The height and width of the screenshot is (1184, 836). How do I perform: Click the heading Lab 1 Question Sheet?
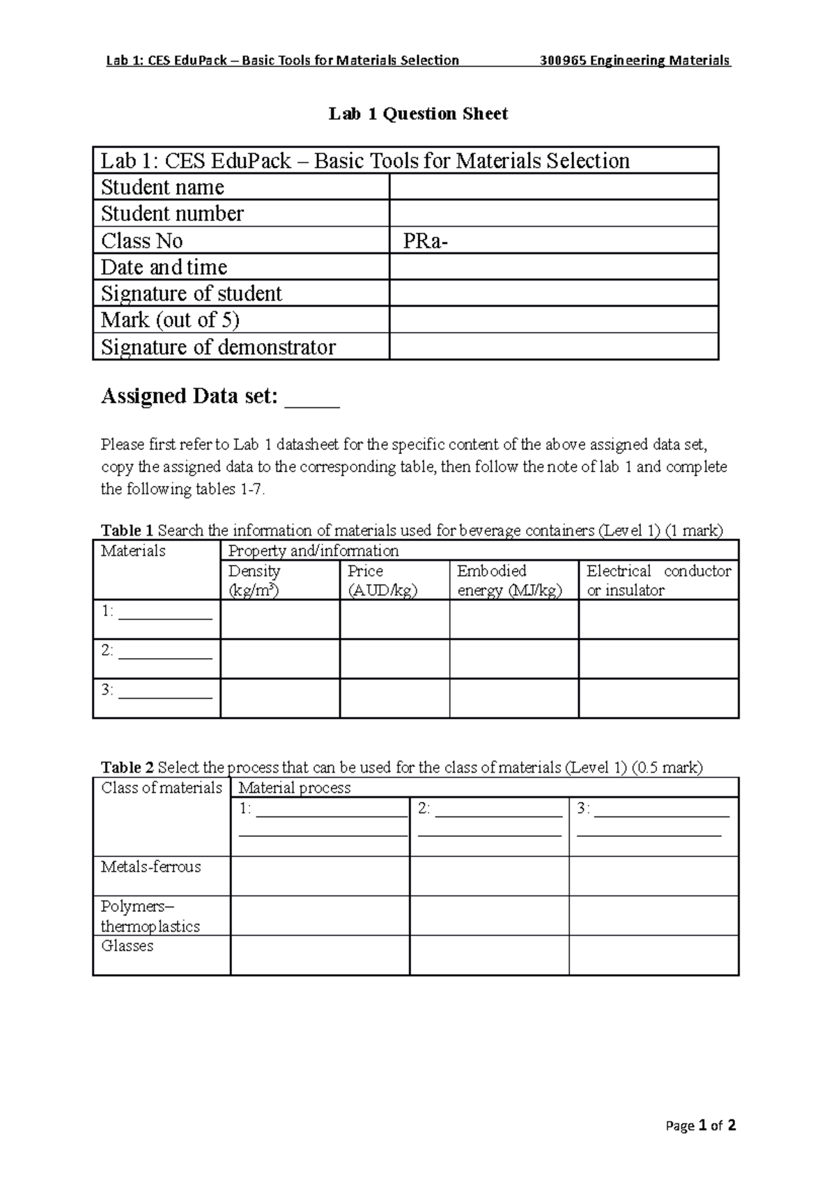point(418,114)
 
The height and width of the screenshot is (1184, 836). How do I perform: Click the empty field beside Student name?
point(553,187)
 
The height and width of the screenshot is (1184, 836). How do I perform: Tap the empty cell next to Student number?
point(553,213)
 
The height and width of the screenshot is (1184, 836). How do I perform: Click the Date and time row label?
point(164,267)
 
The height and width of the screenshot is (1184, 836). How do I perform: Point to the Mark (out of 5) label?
point(170,320)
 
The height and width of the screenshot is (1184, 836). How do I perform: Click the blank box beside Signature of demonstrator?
point(553,347)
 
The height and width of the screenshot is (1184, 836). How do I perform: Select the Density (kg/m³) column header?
point(255,580)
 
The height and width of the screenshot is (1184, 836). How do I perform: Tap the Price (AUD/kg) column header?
point(382,580)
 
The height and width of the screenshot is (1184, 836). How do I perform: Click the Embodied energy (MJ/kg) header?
point(509,580)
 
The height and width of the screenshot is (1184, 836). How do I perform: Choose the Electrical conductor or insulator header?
point(658,580)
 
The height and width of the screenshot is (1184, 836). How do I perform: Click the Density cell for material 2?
point(279,659)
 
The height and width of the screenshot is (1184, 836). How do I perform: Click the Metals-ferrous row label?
point(151,867)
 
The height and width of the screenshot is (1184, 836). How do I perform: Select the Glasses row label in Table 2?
point(127,946)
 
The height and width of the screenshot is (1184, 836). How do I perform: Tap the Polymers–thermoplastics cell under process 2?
point(489,916)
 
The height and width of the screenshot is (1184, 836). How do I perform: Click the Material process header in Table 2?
point(295,788)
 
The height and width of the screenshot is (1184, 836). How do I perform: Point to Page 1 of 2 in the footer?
point(701,1125)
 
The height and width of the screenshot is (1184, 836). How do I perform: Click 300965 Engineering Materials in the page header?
point(635,61)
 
